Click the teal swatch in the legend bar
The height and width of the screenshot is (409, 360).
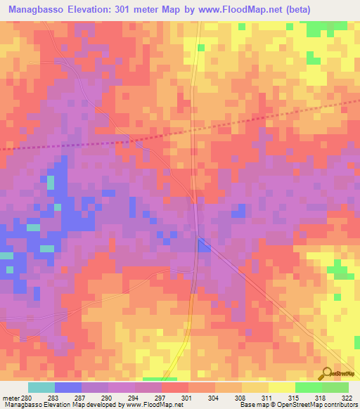point(41,387)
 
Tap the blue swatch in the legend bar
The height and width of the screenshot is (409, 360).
point(67,387)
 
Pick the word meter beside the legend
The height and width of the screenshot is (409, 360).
point(10,397)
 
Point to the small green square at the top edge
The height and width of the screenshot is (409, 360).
point(242,27)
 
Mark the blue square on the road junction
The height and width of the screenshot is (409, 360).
point(204,245)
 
